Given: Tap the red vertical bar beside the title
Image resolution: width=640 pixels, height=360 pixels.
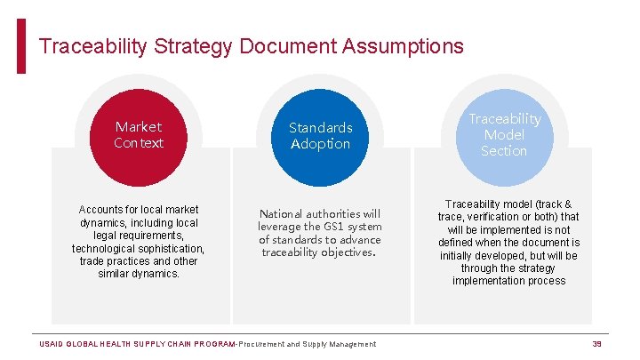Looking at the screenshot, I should pos(21,46).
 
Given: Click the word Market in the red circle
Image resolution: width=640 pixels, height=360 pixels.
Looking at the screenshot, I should pos(139,127).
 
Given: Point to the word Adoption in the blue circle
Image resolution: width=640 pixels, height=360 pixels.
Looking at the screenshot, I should pos(320,144).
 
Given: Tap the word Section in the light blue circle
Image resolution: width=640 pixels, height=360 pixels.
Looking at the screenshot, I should pos(504,151).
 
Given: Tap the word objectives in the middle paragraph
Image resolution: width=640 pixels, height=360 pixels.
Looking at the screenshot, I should pos(344,252).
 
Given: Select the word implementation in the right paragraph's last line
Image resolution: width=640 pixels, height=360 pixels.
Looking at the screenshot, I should pos(489,281).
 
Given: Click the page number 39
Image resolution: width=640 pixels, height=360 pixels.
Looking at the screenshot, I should pos(597,344).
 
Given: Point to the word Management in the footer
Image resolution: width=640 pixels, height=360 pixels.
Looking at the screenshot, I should pos(353,344).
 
